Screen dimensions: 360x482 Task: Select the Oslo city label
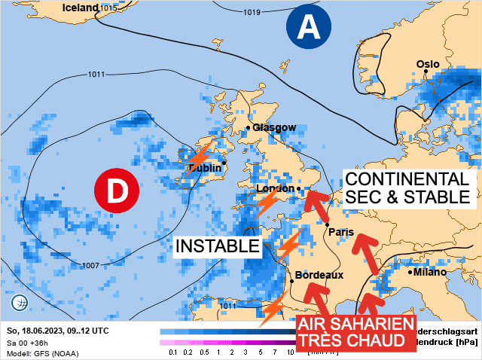428,64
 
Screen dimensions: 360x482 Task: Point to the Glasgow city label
274,127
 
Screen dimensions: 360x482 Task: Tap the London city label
274,188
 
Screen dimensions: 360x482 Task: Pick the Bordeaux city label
319,275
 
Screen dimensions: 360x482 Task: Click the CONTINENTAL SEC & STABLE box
407,188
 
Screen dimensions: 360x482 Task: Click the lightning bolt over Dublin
199,157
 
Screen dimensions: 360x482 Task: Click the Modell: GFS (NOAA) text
41,352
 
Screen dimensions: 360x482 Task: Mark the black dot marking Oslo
426,71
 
